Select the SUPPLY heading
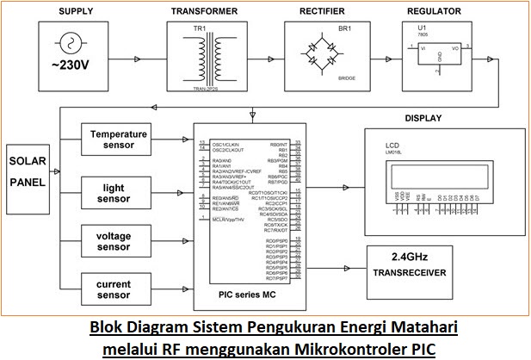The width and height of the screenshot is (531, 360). [77, 10]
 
